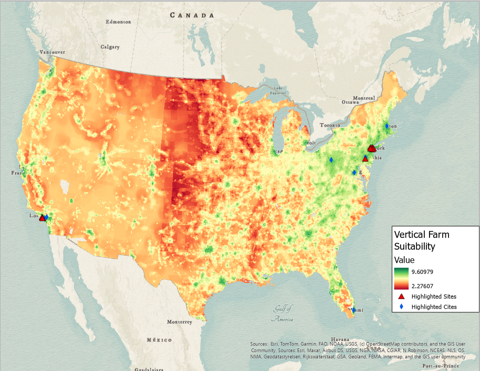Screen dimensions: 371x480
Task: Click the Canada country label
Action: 191,15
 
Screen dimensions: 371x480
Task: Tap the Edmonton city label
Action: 118,22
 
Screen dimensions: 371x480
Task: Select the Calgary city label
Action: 110,47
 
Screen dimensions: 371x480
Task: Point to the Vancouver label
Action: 53,52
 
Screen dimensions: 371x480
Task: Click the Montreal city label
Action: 364,98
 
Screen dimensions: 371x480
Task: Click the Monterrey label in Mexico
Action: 179,322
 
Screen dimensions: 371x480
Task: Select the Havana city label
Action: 355,338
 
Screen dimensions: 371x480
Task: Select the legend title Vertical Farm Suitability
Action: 422,240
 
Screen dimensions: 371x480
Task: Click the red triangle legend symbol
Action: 401,296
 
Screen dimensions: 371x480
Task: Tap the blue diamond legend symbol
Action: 401,306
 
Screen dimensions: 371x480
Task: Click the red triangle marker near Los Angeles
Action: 42,218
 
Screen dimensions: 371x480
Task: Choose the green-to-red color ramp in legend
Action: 402,279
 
